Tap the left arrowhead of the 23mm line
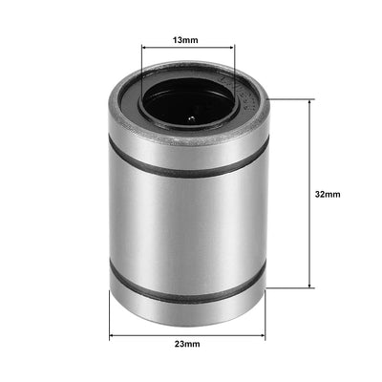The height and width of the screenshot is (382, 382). point(113,335)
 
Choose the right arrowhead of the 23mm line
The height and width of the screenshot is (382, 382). point(264,335)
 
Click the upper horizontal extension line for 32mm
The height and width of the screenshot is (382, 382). point(291,98)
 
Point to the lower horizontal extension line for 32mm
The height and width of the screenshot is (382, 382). point(291,287)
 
